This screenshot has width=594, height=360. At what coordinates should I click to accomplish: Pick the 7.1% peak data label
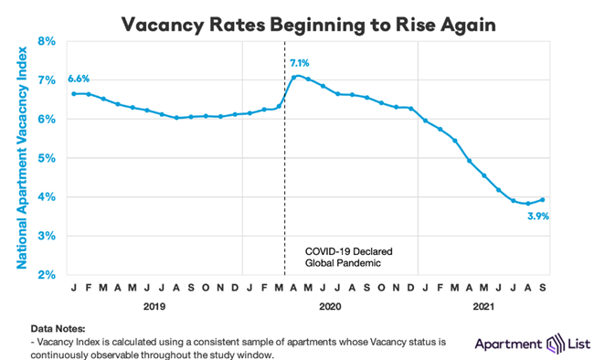[302, 63]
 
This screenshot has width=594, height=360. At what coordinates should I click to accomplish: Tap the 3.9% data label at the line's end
[548, 217]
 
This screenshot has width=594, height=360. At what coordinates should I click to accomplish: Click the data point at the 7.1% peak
[293, 76]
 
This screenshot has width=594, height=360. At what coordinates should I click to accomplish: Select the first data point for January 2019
[73, 93]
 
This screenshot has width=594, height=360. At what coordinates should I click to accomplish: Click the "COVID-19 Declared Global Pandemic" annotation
[343, 256]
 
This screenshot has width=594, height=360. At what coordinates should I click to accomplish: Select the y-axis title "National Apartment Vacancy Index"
[18, 157]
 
